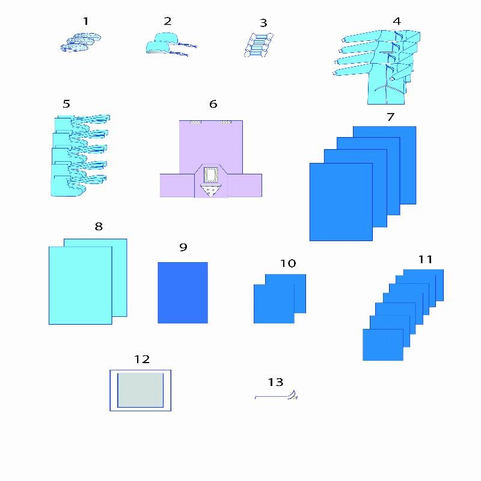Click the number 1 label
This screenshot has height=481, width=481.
pyautogui.click(x=85, y=21)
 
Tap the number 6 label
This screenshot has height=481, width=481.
pyautogui.click(x=213, y=104)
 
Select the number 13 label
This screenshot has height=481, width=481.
pyautogui.click(x=275, y=382)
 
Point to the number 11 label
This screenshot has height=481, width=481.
pyautogui.click(x=426, y=260)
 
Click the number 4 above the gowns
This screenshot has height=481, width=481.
pyautogui.click(x=397, y=21)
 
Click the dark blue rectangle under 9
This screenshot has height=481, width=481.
pyautogui.click(x=183, y=293)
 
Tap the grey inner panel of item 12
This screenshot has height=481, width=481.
pyautogui.click(x=141, y=390)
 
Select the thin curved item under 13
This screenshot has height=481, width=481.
pyautogui.click(x=276, y=396)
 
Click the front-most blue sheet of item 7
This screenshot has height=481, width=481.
pyautogui.click(x=341, y=202)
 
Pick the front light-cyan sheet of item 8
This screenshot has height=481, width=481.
pyautogui.click(x=81, y=285)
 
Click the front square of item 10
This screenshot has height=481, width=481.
pyautogui.click(x=274, y=304)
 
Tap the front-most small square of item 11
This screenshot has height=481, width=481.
pyautogui.click(x=383, y=345)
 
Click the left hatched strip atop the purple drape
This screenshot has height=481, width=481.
pyautogui.click(x=195, y=122)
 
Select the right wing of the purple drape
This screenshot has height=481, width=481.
pyautogui.click(x=245, y=185)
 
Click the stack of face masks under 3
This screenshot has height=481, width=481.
pyautogui.click(x=259, y=44)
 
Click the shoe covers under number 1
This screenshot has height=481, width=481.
pyautogui.click(x=81, y=43)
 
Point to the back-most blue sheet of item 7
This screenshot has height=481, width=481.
pyautogui.click(x=384, y=165)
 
